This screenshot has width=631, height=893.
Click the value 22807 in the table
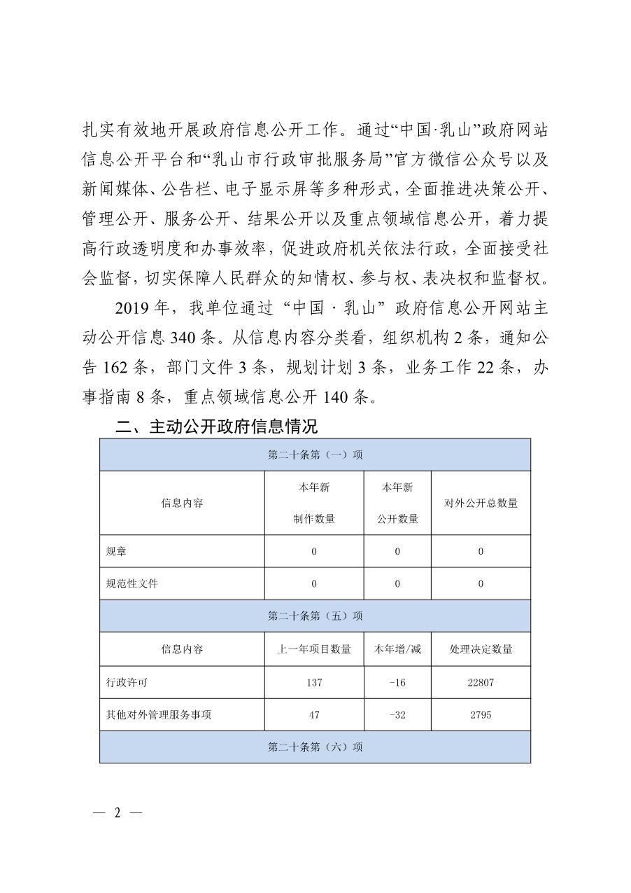coord(481,682)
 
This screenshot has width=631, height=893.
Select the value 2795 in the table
coord(481,714)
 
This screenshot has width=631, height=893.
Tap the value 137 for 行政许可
coord(314,682)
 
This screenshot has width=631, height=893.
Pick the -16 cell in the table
coord(397,682)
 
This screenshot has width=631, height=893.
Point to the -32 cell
coord(397,714)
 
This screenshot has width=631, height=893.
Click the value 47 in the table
coord(314,714)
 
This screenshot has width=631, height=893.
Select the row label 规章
coord(116,551)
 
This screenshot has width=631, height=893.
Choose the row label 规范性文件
coord(132,583)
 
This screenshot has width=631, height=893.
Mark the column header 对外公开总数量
coord(481,503)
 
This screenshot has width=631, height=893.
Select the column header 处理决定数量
coord(481,649)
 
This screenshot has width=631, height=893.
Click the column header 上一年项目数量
coord(314,649)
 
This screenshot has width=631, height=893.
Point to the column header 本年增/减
coord(397,649)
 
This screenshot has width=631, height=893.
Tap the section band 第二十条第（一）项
coord(315,455)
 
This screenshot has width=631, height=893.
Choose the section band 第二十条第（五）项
coord(315,616)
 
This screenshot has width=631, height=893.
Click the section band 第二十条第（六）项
coord(315,747)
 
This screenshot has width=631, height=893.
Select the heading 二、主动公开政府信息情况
coord(216,426)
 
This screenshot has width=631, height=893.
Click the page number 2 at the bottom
coord(118,812)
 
